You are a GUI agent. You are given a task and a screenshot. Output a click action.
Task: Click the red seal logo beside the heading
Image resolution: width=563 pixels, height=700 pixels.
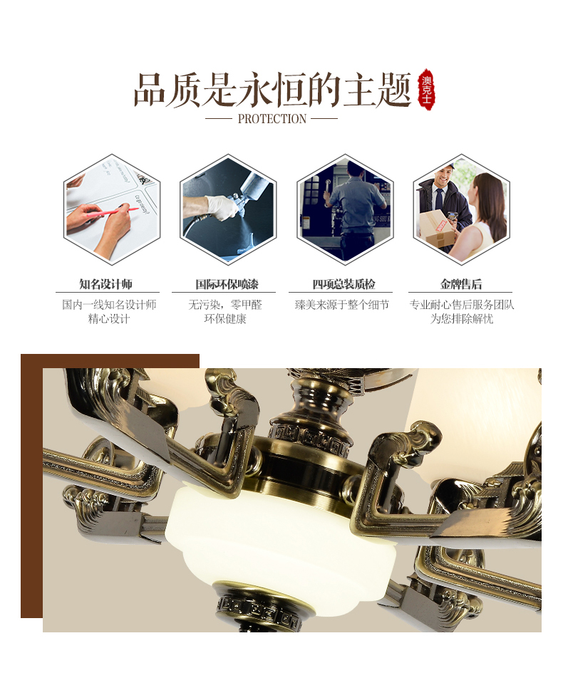426,89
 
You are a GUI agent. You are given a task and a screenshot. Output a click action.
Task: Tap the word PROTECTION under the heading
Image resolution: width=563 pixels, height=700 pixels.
272,119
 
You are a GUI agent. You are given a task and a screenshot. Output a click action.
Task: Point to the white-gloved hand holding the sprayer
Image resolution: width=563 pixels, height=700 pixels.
222,208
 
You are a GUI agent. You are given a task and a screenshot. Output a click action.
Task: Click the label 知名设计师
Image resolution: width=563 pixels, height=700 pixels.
106,284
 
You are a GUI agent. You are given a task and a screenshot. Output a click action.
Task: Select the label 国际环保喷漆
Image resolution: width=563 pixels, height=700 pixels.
227,284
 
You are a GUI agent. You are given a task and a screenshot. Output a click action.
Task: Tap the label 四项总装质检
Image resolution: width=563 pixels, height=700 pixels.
344,284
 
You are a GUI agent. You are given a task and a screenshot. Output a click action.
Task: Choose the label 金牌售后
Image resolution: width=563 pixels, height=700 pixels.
461,284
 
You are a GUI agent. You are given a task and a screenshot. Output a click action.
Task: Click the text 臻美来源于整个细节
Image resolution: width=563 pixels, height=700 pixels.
342,305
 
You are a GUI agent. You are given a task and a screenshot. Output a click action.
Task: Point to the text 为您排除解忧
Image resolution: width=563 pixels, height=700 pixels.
462,319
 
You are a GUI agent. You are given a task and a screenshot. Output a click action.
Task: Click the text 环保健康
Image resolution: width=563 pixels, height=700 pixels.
225,319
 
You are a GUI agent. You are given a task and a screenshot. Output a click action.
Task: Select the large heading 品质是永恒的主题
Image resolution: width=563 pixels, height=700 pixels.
272,90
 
